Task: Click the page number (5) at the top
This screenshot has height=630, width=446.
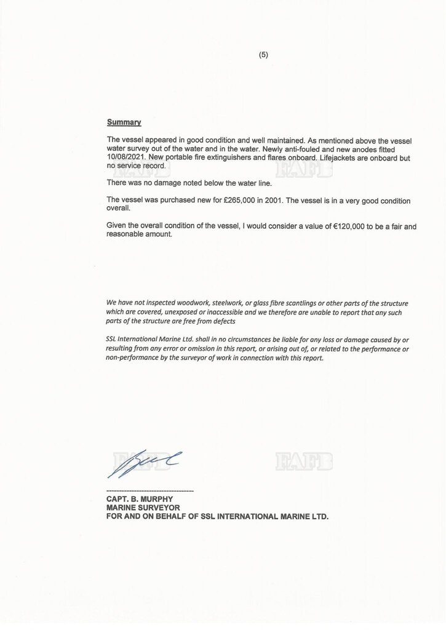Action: click(263, 55)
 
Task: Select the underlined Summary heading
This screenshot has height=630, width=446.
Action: click(124, 122)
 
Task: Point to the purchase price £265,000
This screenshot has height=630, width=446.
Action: click(228, 201)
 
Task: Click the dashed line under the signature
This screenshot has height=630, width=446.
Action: click(150, 490)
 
